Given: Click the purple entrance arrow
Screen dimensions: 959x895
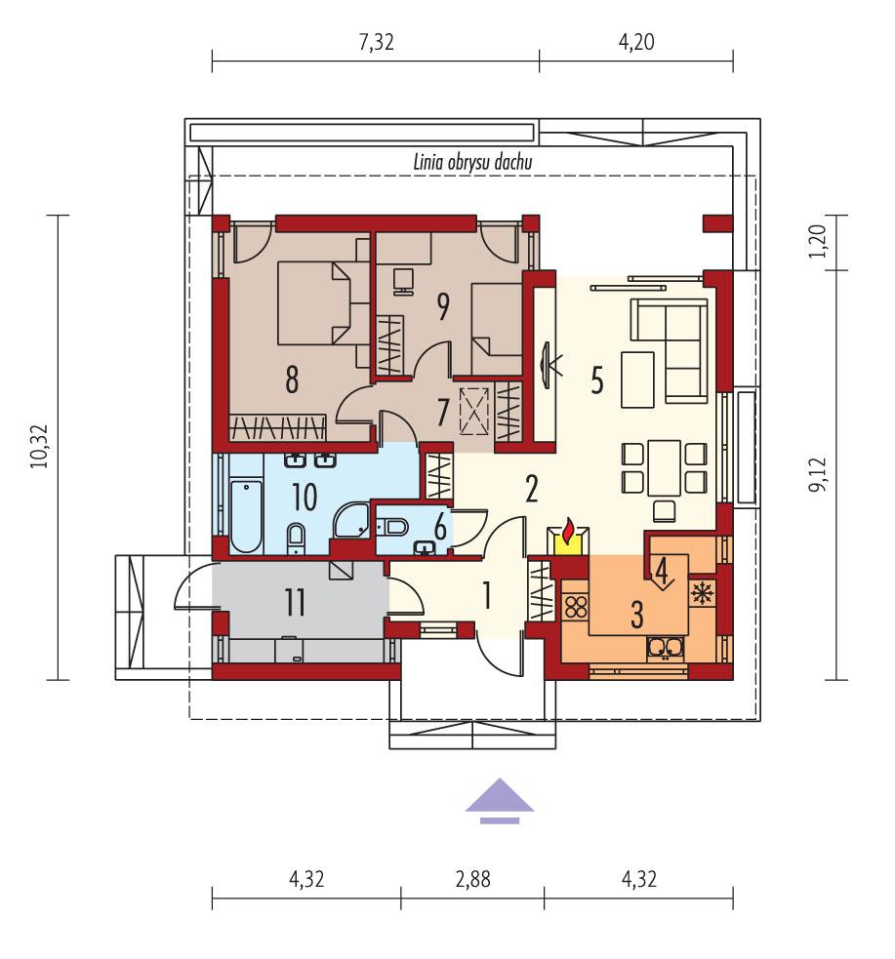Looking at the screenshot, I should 499,799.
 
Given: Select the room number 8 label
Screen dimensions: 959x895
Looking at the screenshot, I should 291,380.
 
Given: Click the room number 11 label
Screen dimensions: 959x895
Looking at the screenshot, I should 296,603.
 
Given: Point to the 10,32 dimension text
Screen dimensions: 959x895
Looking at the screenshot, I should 39,446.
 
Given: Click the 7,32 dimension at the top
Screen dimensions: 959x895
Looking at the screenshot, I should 375,42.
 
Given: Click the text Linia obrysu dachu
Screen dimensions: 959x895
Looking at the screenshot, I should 471,162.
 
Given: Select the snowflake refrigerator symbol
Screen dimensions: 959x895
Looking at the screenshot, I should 701,591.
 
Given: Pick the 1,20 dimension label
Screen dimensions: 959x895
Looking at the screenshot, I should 818,240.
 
